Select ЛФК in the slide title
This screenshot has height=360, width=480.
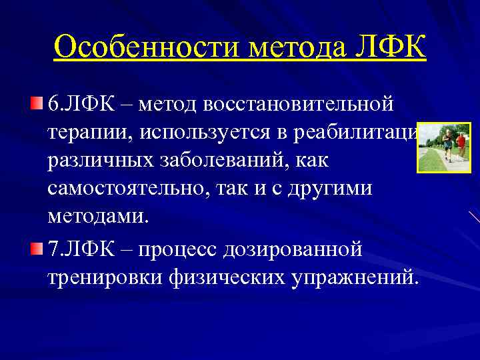pos(391,48)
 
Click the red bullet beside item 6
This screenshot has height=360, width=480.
pos(36,103)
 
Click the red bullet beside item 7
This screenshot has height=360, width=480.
pos(36,249)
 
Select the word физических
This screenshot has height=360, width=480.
pos(227,277)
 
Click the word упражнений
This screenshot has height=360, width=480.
pos(356,277)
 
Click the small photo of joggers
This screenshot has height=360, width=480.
pos(443,147)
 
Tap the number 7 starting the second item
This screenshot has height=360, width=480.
pos(53,249)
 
